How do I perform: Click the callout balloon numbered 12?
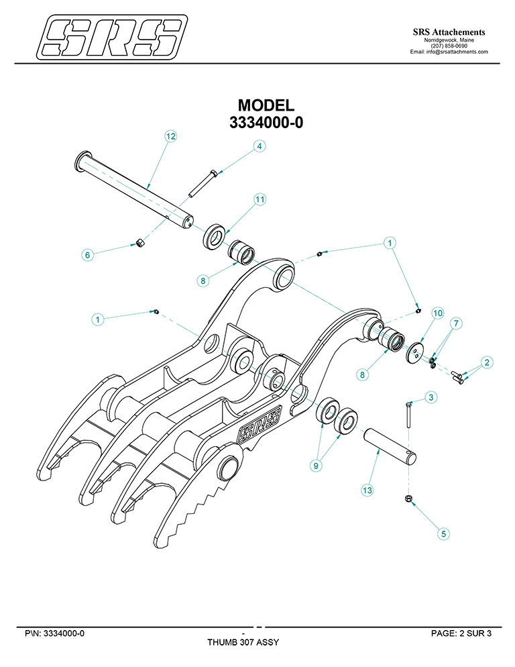(170, 136)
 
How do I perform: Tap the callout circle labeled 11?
(260, 199)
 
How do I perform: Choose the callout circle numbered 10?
(437, 313)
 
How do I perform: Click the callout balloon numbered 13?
(367, 491)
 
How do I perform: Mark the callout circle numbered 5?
(443, 533)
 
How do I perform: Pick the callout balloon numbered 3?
(431, 398)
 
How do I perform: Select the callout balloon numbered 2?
(488, 362)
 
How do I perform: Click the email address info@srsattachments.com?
(449, 52)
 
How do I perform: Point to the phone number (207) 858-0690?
(449, 46)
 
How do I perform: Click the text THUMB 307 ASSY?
(243, 642)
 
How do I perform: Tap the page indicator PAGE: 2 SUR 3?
(461, 633)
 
